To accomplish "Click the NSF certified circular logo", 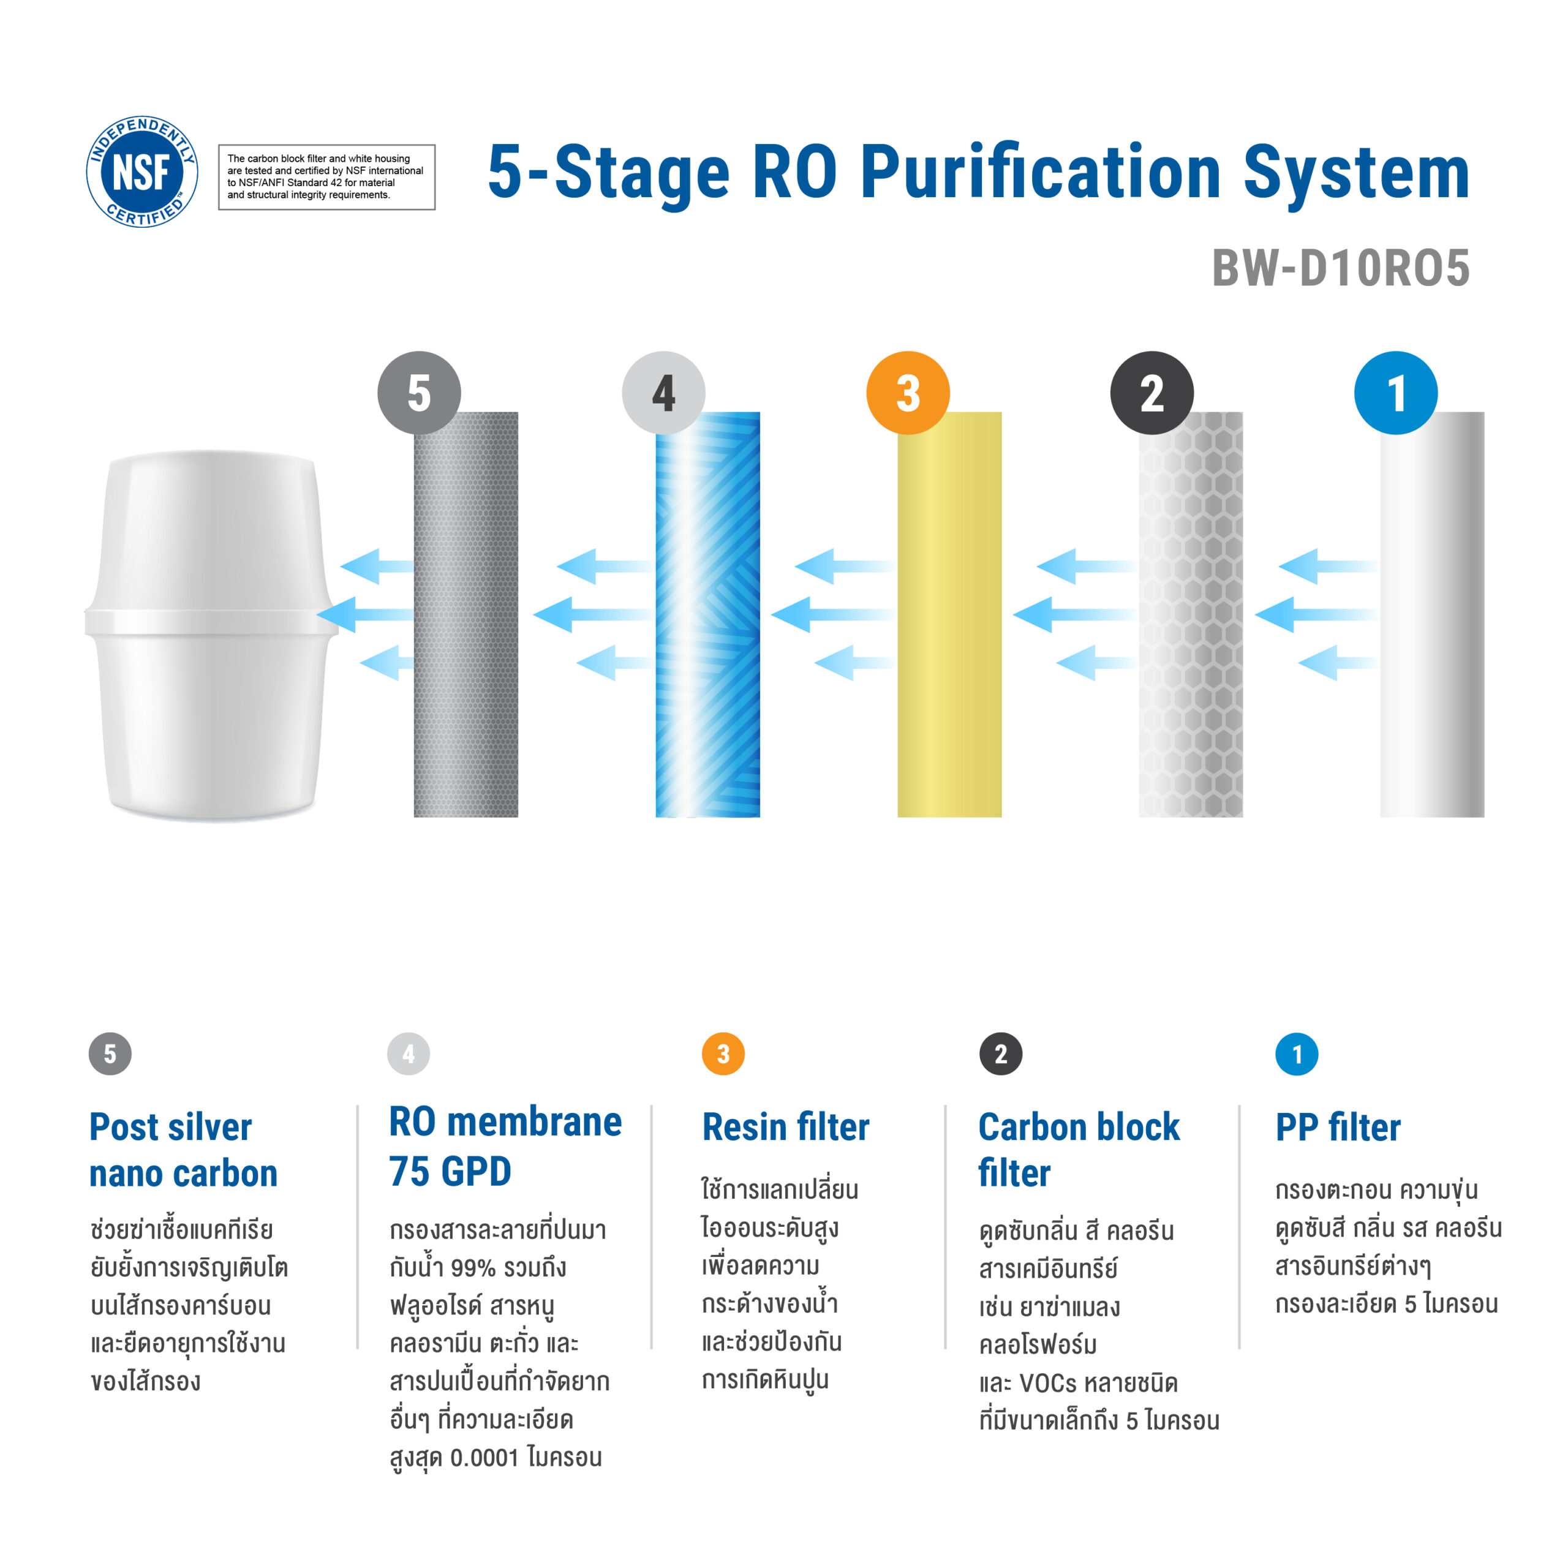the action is (143, 171).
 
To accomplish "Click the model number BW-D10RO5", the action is (1341, 268).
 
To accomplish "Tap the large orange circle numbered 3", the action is (908, 393).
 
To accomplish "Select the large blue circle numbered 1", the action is (1396, 393).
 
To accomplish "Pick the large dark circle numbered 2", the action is (1151, 393).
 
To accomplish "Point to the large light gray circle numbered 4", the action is (664, 393).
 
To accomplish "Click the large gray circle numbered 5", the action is (420, 393).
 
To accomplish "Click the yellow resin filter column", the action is (949, 614).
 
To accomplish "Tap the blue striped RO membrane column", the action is (707, 614).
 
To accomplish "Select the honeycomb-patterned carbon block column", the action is (1191, 614).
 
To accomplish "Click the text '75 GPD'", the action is (450, 1171).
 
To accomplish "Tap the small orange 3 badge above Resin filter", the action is (723, 1054).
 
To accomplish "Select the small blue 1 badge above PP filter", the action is (1297, 1054).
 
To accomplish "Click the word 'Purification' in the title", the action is (1041, 172).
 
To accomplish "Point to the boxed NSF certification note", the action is (327, 177).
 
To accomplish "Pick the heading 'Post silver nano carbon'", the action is (183, 1150).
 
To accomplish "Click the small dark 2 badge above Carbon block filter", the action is (1001, 1054).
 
